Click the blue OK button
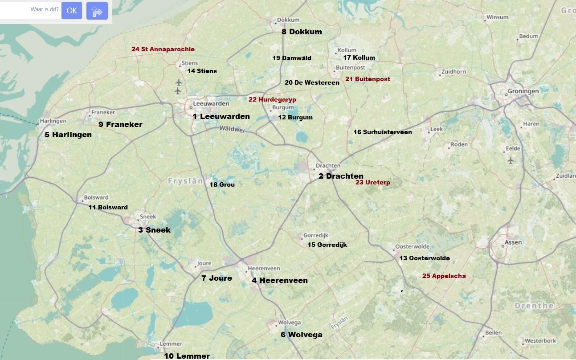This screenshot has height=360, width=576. pyautogui.click(x=71, y=11)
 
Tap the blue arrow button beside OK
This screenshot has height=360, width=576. pyautogui.click(x=97, y=11)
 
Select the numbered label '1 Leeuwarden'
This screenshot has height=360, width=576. pyautogui.click(x=221, y=116)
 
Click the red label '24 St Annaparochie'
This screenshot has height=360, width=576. pyautogui.click(x=163, y=49)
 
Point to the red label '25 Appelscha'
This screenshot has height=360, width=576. pyautogui.click(x=444, y=276)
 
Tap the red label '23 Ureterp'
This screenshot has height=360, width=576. pyautogui.click(x=372, y=182)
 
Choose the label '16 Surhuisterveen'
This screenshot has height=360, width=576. pyautogui.click(x=382, y=132)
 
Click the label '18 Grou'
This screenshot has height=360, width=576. pyautogui.click(x=222, y=184)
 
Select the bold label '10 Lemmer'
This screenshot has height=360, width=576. pyautogui.click(x=187, y=356)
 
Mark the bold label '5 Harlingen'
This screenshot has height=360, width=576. pyautogui.click(x=68, y=135)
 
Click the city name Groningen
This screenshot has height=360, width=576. pyautogui.click(x=523, y=91)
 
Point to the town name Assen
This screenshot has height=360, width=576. pyautogui.click(x=513, y=243)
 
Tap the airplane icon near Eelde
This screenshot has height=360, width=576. pyautogui.click(x=511, y=160)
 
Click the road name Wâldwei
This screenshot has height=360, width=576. pyautogui.click(x=232, y=129)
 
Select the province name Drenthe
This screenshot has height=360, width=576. pyautogui.click(x=534, y=306)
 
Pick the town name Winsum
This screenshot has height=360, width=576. pyautogui.click(x=497, y=17)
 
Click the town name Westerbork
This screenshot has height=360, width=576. pyautogui.click(x=540, y=341)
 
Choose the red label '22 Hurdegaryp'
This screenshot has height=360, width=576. pyautogui.click(x=272, y=99)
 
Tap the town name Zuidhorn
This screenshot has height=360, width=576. pyautogui.click(x=453, y=72)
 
